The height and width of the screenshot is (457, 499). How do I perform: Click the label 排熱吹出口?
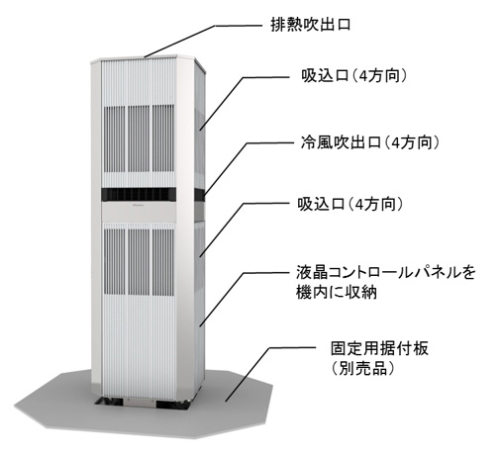[310, 25]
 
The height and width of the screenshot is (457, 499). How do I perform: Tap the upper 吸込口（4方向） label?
[354, 76]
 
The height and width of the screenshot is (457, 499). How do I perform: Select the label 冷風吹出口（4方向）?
[370, 142]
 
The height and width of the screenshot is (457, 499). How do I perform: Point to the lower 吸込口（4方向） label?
[350, 205]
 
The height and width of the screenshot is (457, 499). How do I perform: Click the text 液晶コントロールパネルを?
[386, 273]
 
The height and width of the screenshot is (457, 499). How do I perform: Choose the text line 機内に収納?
[337, 292]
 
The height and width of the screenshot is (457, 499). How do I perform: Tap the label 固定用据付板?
[379, 348]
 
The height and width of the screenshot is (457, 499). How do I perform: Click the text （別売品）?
[363, 368]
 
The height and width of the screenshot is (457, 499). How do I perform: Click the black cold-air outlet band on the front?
[139, 194]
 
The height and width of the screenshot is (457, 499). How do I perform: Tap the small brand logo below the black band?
[139, 206]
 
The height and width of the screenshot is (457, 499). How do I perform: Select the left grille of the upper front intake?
[115, 139]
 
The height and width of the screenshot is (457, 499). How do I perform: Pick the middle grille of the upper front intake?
[139, 138]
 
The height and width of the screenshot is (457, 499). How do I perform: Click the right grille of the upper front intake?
[163, 138]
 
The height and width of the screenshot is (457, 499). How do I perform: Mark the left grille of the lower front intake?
[115, 262]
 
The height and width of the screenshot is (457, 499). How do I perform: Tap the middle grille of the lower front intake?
[139, 262]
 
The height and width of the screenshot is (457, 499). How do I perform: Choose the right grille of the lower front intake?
[163, 262]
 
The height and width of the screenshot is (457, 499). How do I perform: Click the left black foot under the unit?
[109, 402]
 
